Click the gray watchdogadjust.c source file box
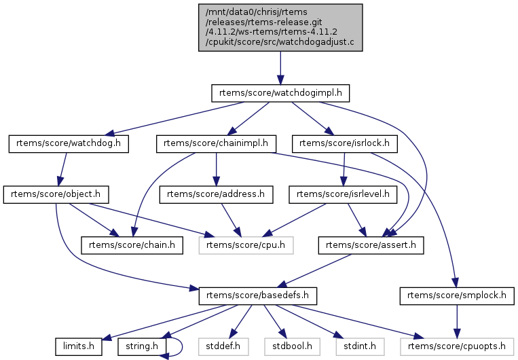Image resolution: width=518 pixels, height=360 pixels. point(279,27)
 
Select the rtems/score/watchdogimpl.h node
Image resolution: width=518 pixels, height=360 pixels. point(280,92)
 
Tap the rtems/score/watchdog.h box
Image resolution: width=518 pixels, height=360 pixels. point(68,143)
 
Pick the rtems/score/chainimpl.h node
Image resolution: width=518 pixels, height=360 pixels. point(215,143)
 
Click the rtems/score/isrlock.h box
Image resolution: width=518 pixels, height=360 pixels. point(344,143)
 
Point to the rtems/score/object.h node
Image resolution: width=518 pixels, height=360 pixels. point(57,195)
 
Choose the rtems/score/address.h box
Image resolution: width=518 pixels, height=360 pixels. point(215,195)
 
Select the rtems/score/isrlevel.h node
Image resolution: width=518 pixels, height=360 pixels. point(344,195)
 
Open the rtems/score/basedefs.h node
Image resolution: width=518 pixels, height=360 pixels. point(249,297)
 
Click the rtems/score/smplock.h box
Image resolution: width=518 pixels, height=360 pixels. point(457,297)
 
